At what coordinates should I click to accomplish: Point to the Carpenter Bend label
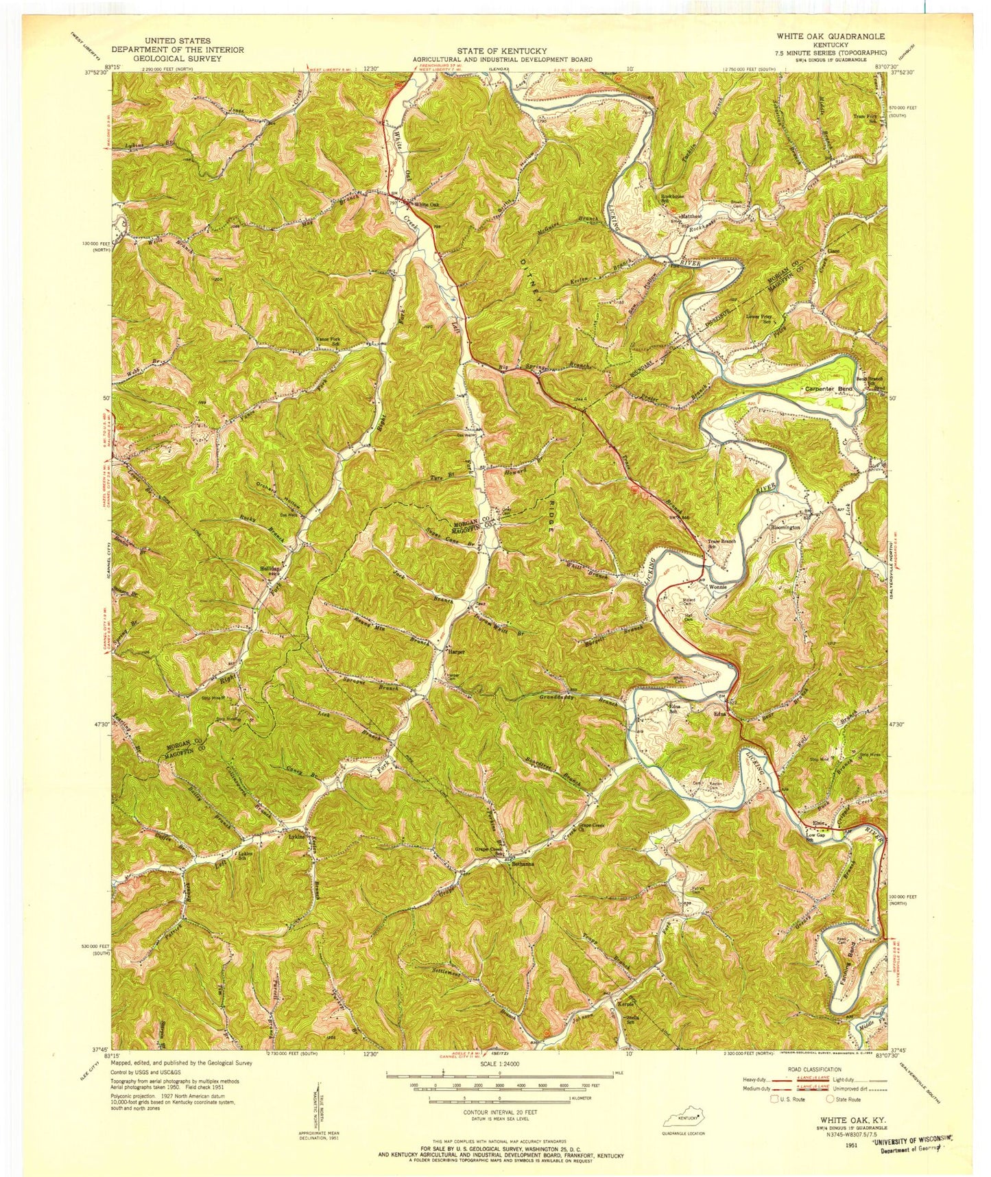(x=828, y=389)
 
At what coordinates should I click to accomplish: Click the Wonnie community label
(x=717, y=587)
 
